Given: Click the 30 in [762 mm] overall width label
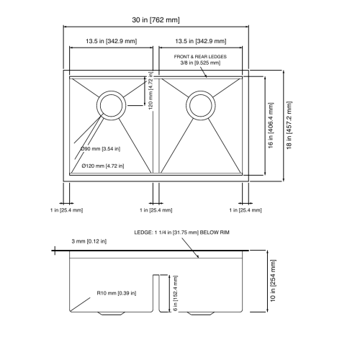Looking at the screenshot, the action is point(156,19).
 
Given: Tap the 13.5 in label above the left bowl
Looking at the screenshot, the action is point(112,41).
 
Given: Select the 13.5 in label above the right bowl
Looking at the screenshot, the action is point(201,41).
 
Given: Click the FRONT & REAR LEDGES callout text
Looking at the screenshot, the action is point(200,57).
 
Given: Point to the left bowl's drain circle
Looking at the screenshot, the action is point(112,91).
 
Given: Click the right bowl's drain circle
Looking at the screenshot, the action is point(201,91).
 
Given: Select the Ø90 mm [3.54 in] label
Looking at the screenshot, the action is point(100,149).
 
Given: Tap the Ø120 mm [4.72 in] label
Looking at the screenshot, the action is point(103,166).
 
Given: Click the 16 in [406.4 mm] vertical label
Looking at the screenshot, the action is point(271,125).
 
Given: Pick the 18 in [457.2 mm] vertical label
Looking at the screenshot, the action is point(289,125).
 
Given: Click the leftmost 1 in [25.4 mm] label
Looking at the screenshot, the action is point(66,210).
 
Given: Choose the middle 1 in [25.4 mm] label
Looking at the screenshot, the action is point(156,210).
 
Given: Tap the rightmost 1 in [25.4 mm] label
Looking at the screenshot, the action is point(246,210).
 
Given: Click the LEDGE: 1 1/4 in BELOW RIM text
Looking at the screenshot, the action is point(181,233).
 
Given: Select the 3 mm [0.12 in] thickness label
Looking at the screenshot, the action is point(89,241).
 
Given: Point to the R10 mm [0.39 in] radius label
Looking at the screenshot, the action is point(117,293).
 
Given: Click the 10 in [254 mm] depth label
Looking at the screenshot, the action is point(273,281).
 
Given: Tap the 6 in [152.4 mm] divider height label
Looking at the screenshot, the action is point(176,293).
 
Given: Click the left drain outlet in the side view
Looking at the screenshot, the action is point(111,313).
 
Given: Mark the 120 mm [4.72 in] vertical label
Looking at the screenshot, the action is point(150,91).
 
